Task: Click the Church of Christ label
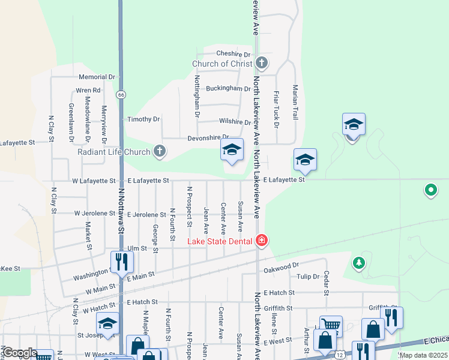tap(221, 64)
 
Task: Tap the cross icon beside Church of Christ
tap(261, 62)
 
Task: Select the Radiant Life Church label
tap(113, 151)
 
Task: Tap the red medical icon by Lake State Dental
tap(261, 241)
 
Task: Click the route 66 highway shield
tap(121, 95)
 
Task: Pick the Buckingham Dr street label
tap(228, 88)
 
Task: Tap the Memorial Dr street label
tap(97, 77)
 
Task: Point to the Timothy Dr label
tap(143, 119)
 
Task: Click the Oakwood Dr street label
tap(282, 265)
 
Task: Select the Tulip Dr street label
tap(309, 277)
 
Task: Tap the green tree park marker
tap(359, 263)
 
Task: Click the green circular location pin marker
tap(430, 191)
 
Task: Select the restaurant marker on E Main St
tap(121, 262)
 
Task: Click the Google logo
tap(20, 353)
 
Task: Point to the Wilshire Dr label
tap(235, 122)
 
